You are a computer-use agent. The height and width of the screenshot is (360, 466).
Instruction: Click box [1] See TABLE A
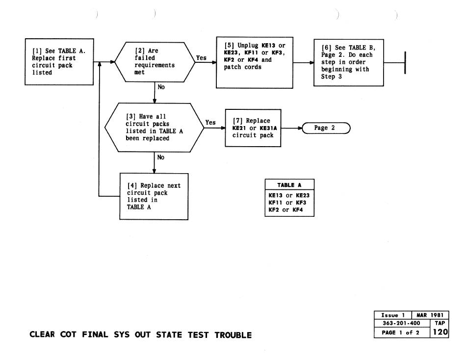click(59, 62)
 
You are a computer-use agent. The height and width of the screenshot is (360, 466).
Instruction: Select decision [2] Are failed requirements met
click(153, 62)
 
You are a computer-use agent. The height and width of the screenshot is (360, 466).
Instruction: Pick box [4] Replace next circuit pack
click(155, 196)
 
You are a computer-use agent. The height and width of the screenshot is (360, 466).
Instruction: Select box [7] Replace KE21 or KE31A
click(252, 129)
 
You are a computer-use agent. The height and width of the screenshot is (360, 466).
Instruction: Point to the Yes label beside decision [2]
click(201, 58)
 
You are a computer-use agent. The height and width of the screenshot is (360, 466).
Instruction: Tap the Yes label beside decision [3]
click(210, 123)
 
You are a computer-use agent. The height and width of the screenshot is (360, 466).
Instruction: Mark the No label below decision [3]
click(161, 158)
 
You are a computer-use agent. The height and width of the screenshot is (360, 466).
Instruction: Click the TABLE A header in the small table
click(289, 185)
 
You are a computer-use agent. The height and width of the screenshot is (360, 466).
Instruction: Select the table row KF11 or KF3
click(289, 203)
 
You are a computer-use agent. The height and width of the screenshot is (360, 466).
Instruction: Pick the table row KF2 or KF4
click(289, 210)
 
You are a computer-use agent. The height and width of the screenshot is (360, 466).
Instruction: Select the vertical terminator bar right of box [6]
click(405, 63)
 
